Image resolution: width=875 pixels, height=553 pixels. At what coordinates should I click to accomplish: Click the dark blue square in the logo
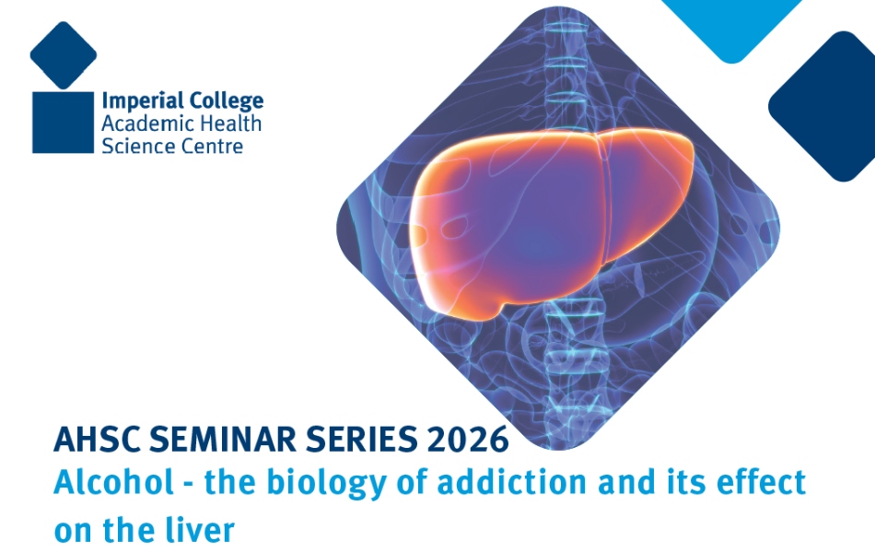[x=63, y=123]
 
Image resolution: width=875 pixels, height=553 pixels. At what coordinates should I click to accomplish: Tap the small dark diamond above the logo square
[x=63, y=55]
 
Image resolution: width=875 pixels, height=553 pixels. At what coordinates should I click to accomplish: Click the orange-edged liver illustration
[x=552, y=223]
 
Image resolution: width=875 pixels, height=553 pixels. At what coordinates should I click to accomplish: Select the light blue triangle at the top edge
[x=731, y=25]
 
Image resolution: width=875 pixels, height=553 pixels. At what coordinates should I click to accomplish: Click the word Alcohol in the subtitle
[x=114, y=481]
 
